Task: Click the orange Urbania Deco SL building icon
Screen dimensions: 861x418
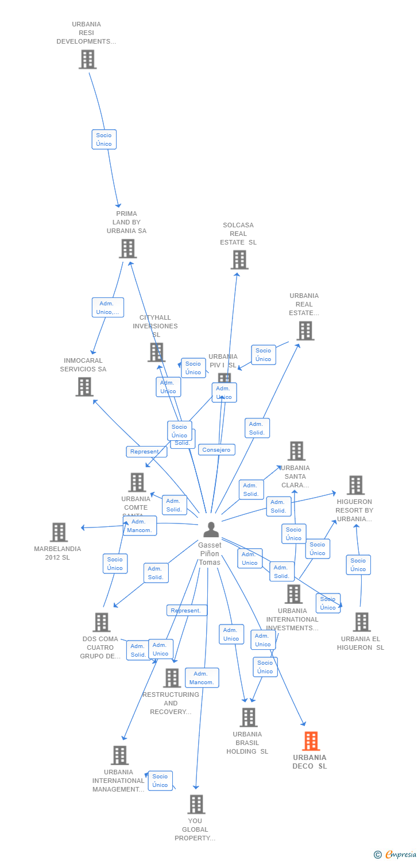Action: pos(311,741)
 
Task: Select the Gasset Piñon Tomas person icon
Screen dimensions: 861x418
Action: pos(211,530)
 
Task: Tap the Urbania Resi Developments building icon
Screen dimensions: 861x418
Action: pos(87,59)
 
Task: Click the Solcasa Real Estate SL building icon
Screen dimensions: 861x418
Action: pos(239,259)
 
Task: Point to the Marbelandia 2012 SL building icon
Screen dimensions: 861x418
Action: pos(59,532)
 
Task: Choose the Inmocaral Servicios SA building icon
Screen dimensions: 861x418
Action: pos(84,386)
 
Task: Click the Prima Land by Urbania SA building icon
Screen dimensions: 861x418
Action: pos(127,249)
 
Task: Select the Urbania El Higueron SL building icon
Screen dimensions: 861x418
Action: pos(362,622)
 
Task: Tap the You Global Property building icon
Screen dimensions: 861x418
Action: pos(196,804)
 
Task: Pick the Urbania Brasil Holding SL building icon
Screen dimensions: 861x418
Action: pos(249,717)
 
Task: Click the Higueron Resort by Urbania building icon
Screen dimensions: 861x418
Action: pos(355,485)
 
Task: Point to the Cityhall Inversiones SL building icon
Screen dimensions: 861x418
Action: pos(156,352)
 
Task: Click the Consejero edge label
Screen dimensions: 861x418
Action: pos(216,450)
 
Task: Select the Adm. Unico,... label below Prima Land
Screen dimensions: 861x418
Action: pos(108,308)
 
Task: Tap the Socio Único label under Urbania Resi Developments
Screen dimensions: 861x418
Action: pos(104,139)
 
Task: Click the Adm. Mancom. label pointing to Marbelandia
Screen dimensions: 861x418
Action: pos(140,526)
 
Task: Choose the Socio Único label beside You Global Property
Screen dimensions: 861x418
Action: pos(160,781)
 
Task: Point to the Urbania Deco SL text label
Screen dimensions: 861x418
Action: pos(309,762)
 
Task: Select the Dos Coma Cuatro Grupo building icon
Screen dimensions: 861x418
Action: pos(102,622)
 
